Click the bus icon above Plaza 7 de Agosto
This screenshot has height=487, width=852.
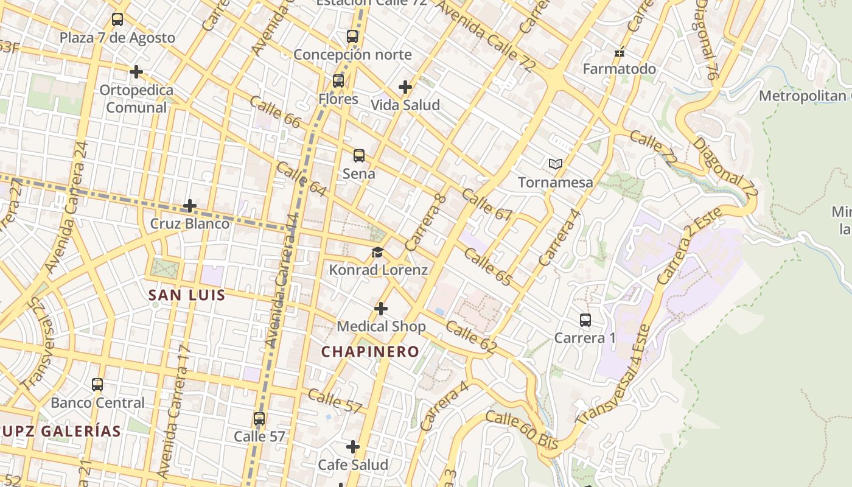117,19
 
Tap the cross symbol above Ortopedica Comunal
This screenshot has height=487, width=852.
136,72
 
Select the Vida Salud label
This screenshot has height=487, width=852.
405,105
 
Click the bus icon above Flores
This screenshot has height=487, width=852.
338,81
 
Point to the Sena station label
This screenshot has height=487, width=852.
358,173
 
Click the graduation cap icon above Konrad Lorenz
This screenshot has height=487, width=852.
378,252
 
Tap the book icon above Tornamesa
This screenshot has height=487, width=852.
555,164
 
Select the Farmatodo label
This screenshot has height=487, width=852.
620,69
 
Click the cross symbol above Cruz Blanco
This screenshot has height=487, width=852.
190,206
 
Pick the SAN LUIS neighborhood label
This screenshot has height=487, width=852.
187,296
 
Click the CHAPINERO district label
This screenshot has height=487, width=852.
370,352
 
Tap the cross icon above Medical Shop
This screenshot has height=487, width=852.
381,309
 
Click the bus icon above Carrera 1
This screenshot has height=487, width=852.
585,320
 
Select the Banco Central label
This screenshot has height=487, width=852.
97,403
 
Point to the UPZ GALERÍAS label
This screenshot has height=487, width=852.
61,432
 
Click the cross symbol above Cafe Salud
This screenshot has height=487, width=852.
353,447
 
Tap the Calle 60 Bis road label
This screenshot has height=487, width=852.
522,430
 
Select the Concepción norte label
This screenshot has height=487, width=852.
352,55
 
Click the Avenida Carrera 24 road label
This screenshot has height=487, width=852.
66,207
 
